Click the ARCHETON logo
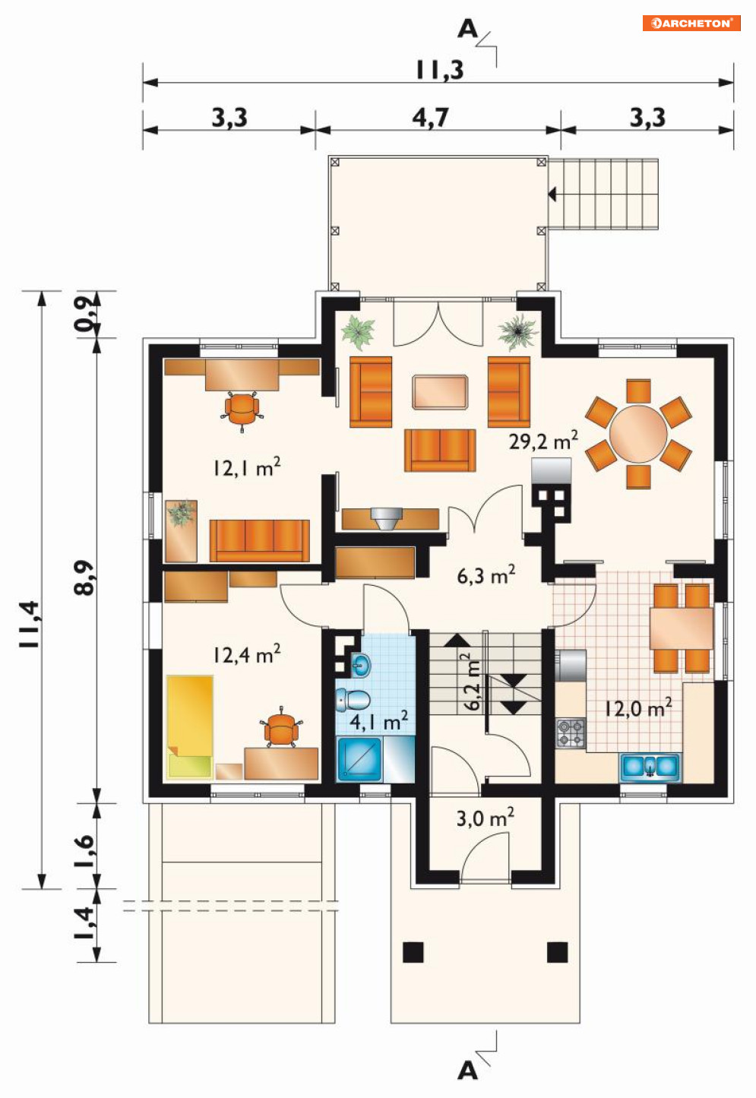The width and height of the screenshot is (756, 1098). coord(691,23)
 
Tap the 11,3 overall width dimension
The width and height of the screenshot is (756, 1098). coord(440,70)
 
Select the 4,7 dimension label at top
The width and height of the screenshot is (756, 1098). coord(430,118)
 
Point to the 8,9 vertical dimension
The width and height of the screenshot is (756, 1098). coord(84,577)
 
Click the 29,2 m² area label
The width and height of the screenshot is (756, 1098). coord(543,441)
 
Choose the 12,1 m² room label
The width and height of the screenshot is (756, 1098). coord(247,467)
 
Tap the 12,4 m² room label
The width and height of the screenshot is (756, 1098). coord(247,654)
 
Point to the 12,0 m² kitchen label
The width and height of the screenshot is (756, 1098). coord(637,708)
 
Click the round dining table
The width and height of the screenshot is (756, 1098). coord(638,434)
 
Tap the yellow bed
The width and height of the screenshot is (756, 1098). coord(190,727)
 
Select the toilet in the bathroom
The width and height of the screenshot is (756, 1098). coord(353,700)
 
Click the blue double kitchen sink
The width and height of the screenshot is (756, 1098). coord(650,767)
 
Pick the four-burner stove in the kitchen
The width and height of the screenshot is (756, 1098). coord(571,733)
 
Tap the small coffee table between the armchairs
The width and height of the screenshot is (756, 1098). coord(440,391)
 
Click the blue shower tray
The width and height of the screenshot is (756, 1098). coord(359,759)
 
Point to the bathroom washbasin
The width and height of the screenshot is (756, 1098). coord(361,666)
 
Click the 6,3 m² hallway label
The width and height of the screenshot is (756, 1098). coord(486,575)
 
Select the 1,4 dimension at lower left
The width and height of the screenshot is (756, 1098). coord(84,923)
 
